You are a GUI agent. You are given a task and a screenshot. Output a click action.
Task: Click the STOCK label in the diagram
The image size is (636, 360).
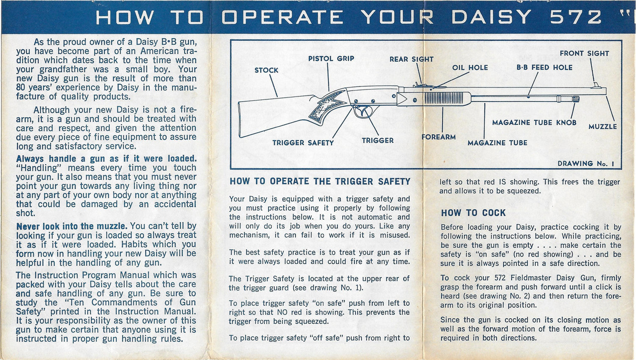266,70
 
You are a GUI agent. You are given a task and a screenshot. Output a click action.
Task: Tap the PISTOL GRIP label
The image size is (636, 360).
331,58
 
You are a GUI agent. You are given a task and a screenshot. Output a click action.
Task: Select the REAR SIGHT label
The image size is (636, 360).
411,59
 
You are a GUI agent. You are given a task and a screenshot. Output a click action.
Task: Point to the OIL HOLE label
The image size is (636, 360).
470,68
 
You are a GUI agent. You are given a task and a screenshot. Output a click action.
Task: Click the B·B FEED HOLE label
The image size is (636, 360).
544,68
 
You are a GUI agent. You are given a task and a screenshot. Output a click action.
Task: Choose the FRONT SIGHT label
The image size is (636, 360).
584,54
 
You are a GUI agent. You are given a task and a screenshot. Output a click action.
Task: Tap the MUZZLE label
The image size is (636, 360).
602,126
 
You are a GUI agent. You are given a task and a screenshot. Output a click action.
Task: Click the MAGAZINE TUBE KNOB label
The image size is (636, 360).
534,123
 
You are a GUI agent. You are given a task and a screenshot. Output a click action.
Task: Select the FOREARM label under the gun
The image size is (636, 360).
439,137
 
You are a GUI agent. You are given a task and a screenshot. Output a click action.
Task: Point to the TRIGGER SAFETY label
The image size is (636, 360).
303,143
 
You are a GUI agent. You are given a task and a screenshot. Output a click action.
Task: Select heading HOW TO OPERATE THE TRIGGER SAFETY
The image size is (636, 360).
319,181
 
